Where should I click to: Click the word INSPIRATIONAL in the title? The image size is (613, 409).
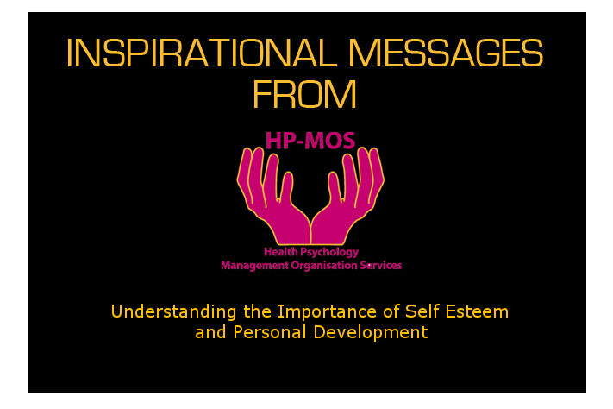click(x=202, y=53)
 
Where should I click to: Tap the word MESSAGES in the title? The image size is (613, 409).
click(x=446, y=53)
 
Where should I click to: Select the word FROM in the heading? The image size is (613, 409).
click(x=304, y=94)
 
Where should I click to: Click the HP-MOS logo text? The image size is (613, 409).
click(x=310, y=141)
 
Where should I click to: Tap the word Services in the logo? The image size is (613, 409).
click(x=381, y=266)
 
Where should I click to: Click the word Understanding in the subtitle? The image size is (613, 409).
click(x=174, y=312)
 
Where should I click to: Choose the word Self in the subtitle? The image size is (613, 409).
click(x=422, y=311)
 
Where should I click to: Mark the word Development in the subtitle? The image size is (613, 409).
click(x=371, y=333)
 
